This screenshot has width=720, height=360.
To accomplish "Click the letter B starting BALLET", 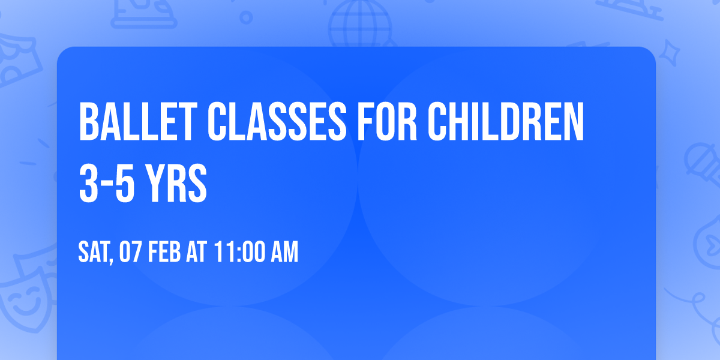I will coord(88,122).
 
